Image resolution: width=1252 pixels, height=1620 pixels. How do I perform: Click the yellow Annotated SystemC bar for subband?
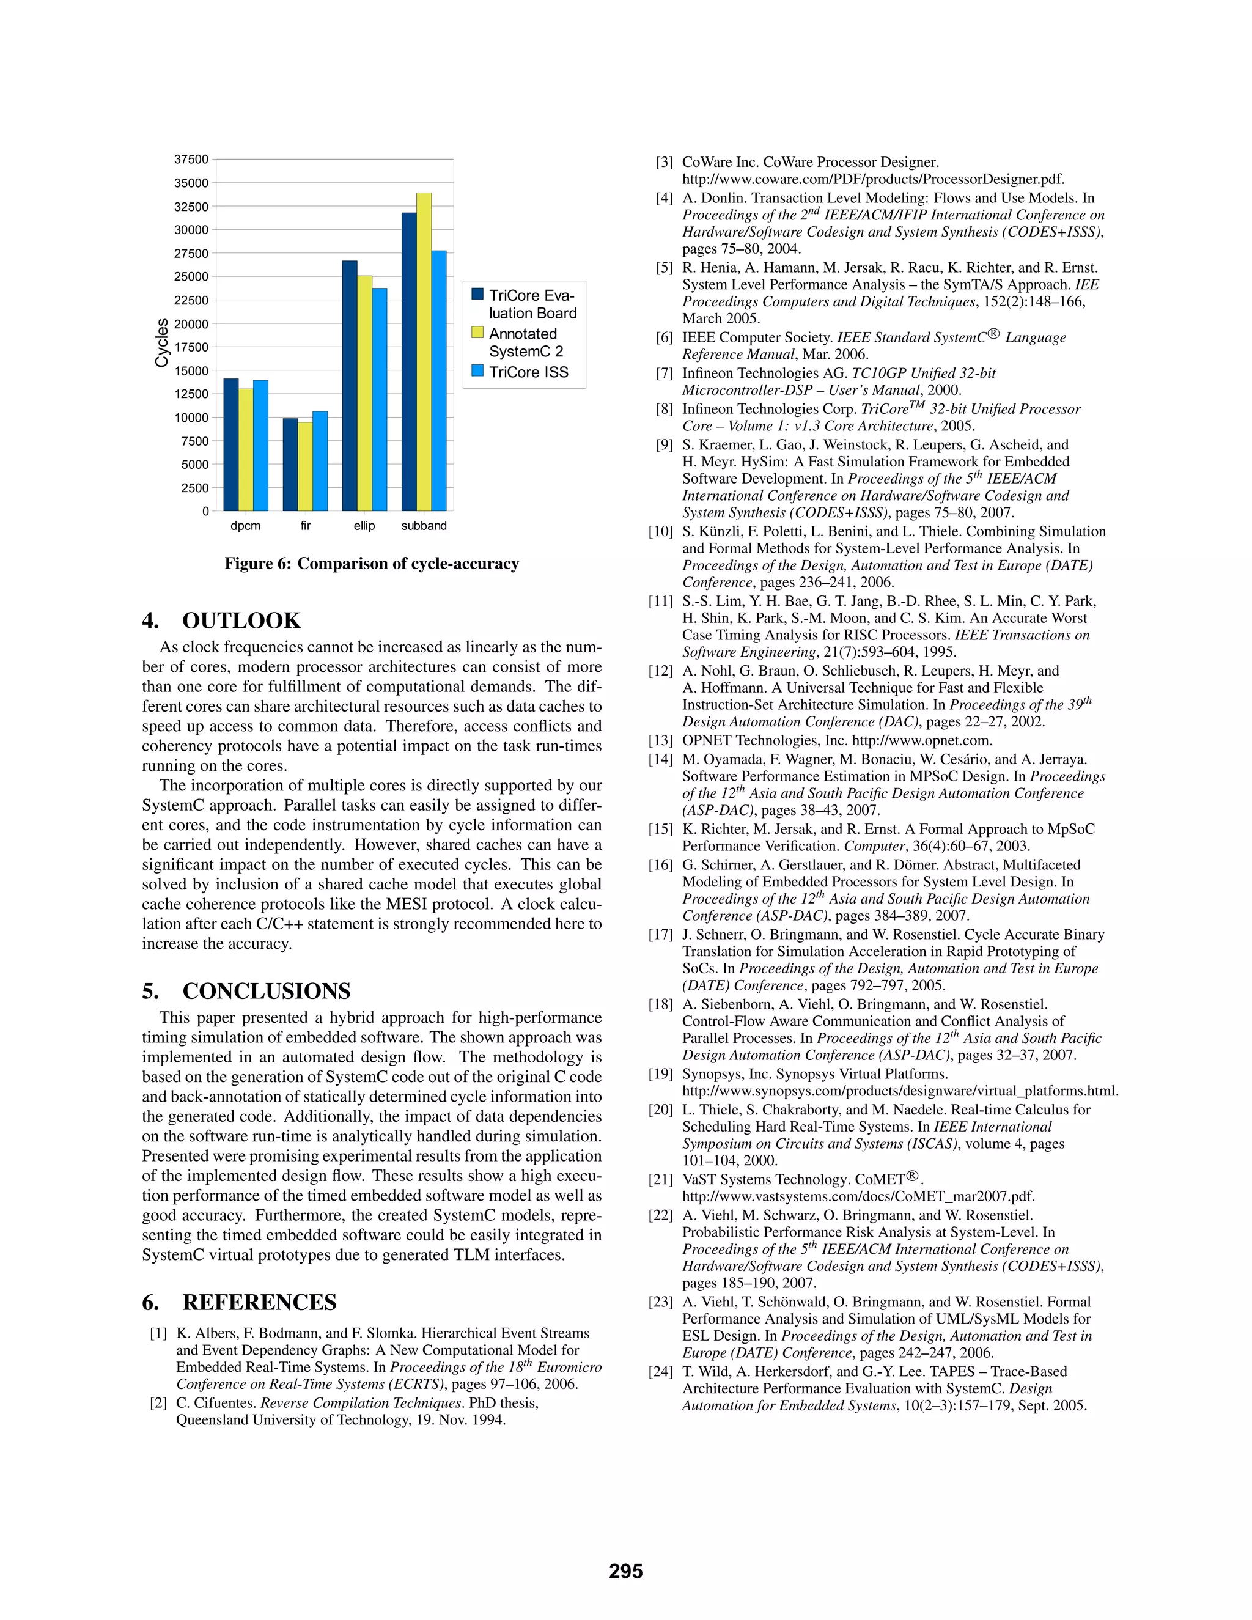pos(424,352)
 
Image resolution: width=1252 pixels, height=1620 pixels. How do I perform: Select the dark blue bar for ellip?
pos(349,386)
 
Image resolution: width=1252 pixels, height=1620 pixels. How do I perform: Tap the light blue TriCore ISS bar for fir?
pos(320,461)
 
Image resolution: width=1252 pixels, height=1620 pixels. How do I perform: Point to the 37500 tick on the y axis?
pos(191,160)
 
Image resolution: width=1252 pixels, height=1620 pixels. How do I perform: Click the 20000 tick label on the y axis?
pos(191,324)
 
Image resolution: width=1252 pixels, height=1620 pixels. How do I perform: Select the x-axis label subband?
pos(424,526)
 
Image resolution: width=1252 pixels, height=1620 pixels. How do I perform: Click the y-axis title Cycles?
pos(161,343)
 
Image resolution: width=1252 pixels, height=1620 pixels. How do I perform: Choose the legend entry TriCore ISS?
pos(528,372)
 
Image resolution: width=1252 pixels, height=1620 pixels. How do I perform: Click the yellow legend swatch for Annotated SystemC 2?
pos(477,333)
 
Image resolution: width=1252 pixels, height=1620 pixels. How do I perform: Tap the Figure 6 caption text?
pos(372,564)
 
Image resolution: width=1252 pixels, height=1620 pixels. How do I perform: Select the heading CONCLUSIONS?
pos(267,991)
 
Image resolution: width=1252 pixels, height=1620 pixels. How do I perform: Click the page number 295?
pos(625,1571)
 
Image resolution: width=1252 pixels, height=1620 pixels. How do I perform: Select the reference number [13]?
pos(660,740)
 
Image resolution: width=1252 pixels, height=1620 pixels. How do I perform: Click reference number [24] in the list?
pos(660,1372)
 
